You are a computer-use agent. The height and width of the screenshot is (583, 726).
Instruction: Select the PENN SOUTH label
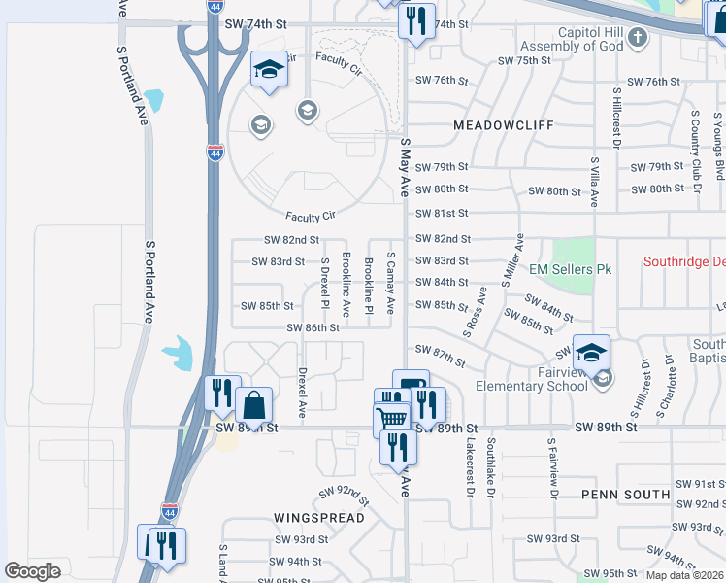coord(625,495)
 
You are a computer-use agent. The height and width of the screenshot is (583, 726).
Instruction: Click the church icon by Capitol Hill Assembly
coord(637,38)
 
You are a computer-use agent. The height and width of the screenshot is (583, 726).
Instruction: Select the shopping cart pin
coord(391,419)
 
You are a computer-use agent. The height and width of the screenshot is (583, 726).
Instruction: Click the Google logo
coord(32,571)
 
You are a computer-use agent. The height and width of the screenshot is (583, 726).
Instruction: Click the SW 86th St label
coord(313,328)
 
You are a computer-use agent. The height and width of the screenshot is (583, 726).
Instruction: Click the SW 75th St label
coord(523,60)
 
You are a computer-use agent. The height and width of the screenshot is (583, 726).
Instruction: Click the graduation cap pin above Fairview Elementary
coord(591,352)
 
